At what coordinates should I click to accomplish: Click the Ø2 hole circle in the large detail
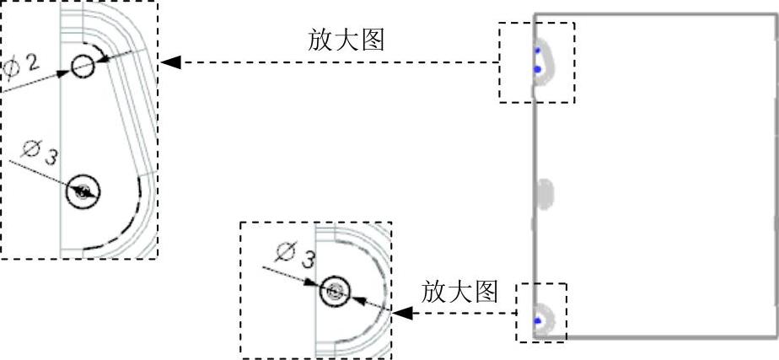coord(83,66)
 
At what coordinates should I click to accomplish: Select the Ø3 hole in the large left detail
coord(83,191)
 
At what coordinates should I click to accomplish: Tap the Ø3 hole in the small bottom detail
coord(335,292)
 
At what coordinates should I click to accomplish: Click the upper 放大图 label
coord(347,40)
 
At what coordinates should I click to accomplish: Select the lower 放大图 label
coord(459,292)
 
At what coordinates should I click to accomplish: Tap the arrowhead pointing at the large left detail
coord(169,62)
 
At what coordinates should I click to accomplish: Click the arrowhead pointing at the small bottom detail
coord(403,313)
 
